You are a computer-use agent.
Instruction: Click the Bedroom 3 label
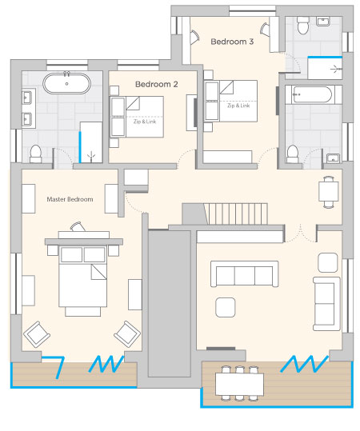click(x=232, y=42)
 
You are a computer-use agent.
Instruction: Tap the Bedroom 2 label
click(x=157, y=84)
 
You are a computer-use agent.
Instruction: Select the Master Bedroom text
click(x=70, y=199)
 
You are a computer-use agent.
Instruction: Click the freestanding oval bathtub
click(x=67, y=83)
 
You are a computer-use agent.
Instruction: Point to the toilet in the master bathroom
click(x=35, y=154)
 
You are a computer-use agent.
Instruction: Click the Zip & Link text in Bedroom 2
click(x=145, y=122)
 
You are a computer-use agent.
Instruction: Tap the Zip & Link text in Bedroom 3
click(x=238, y=106)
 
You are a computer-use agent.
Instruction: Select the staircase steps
click(x=236, y=214)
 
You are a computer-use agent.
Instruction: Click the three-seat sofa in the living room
click(x=245, y=274)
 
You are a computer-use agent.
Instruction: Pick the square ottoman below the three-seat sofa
click(x=226, y=307)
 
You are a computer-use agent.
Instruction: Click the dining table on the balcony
click(x=239, y=384)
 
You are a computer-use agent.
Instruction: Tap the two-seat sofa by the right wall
click(x=326, y=304)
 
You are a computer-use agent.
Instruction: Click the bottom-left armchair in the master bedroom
click(x=37, y=334)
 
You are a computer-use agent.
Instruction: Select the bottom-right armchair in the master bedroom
click(x=127, y=333)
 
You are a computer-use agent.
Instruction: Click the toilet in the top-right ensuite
click(x=302, y=26)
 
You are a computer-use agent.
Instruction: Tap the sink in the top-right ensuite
click(x=323, y=22)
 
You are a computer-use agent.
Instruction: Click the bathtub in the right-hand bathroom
click(x=312, y=94)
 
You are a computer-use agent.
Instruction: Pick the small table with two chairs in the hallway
click(x=328, y=192)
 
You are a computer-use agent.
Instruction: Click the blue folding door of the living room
click(x=305, y=364)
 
